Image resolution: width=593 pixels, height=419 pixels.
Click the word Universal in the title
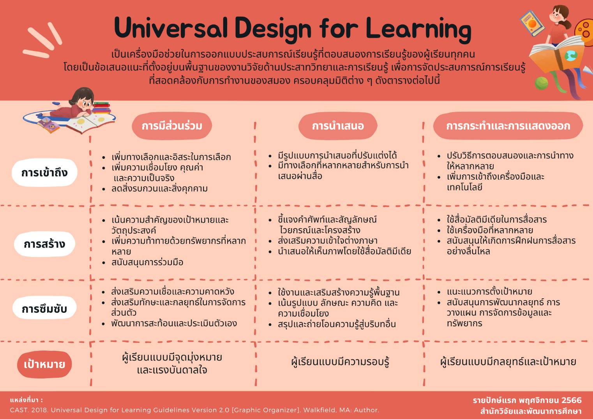pos(171,28)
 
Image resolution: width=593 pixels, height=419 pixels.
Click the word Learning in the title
pos(418,30)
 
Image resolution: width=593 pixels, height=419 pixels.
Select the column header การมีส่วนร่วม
pos(172,126)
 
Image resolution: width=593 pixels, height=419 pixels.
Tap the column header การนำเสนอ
pos(338,126)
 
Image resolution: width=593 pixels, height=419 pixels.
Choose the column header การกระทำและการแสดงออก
pos(508,126)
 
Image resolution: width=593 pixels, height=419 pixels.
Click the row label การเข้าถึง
pos(44,173)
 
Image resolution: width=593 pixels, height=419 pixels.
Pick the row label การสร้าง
pos(44,244)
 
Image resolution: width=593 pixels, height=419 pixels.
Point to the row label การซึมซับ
pos(44,309)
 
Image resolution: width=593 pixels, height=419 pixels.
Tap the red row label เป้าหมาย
pos(44,364)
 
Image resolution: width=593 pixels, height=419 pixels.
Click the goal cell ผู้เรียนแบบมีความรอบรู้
pos(340,362)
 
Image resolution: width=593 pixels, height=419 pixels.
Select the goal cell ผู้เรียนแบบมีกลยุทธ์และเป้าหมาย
pos(508,362)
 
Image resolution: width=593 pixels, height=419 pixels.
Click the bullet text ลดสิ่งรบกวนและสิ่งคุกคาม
pos(159,189)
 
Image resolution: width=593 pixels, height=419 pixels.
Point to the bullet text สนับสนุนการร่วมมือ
pos(147,262)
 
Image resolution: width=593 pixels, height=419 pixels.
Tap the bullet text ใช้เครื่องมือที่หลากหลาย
pos(490,230)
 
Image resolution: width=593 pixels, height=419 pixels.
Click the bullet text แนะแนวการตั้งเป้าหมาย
pos(489,292)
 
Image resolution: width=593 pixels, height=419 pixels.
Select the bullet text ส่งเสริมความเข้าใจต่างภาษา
pos(327,241)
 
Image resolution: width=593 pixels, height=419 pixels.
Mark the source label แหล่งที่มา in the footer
pos(26,400)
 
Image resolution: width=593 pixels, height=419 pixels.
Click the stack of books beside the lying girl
pos(102,108)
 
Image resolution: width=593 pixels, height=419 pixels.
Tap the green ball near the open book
pos(541,83)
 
